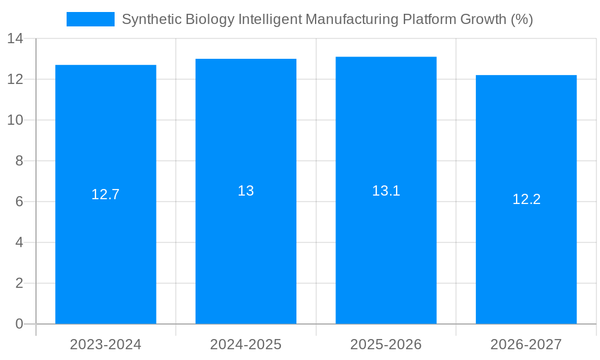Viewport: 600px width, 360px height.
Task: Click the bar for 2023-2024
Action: pos(106,252)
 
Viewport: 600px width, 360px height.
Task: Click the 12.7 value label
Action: pos(106,194)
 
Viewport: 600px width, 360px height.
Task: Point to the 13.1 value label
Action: pos(386,191)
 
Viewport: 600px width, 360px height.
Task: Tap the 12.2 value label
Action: pos(526,199)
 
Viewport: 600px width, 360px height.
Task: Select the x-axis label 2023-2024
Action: pos(106,344)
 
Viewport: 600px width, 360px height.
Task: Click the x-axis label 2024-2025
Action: pos(246,344)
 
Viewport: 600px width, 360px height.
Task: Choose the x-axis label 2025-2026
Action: pos(386,344)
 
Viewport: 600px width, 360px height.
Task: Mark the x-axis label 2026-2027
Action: pos(526,344)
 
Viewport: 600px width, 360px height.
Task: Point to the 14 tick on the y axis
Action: pos(15,39)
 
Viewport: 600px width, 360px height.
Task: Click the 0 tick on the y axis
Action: pos(19,324)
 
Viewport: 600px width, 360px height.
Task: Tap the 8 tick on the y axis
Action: pos(19,161)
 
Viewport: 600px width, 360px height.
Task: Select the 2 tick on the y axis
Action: pos(19,283)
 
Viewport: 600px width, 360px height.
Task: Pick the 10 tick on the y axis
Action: pos(15,120)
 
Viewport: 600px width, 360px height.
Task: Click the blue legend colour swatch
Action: pos(90,19)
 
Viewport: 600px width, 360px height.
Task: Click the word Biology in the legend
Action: pos(210,20)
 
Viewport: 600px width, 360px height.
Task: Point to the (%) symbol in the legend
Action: pos(521,20)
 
